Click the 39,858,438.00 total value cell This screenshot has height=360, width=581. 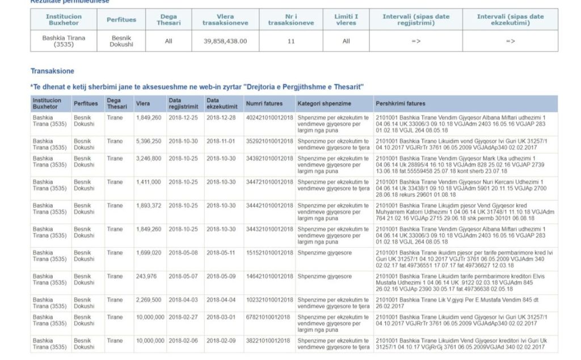pyautogui.click(x=225, y=41)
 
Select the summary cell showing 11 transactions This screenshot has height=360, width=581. pyautogui.click(x=290, y=41)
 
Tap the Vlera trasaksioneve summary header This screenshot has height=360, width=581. pyautogui.click(x=225, y=20)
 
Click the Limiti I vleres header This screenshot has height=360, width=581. pyautogui.click(x=346, y=20)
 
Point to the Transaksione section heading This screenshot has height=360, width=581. pyautogui.click(x=52, y=71)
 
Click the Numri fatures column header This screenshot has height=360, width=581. pyautogui.click(x=264, y=104)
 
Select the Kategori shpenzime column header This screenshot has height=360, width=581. pyautogui.click(x=324, y=104)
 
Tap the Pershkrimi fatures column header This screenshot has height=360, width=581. pyautogui.click(x=400, y=104)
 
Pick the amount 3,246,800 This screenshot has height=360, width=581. pyautogui.click(x=149, y=158)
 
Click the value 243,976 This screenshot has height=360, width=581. pyautogui.click(x=146, y=277)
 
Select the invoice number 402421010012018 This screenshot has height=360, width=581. pyautogui.click(x=269, y=117)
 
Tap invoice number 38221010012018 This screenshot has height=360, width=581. pyautogui.click(x=268, y=341)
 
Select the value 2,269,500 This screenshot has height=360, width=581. pyautogui.click(x=149, y=300)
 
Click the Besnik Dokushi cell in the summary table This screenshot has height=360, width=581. pyautogui.click(x=121, y=41)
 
